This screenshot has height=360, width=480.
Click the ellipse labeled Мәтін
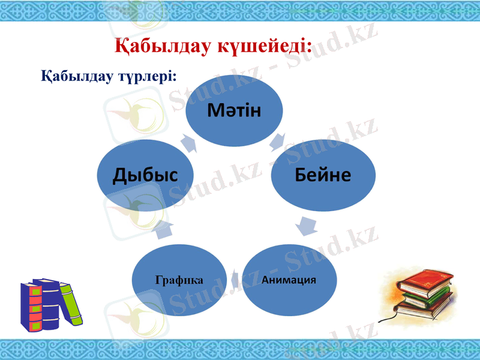tap(234, 111)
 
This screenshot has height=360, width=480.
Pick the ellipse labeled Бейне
tap(323, 175)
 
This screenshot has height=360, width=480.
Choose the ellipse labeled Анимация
tap(289, 280)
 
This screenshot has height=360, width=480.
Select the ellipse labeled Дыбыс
tap(145, 175)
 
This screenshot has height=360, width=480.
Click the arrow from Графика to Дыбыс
tap(165, 228)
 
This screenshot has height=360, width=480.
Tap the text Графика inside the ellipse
tap(179, 280)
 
